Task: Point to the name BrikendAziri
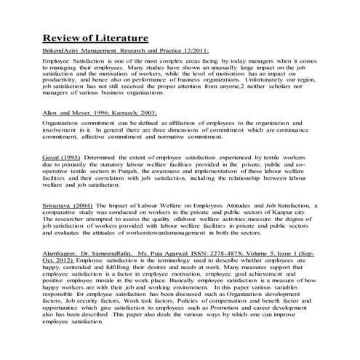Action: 62,52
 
